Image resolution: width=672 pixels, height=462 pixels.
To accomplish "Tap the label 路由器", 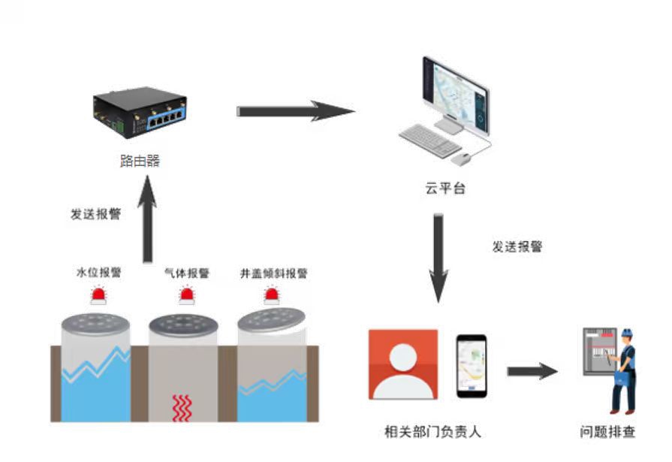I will [140, 160].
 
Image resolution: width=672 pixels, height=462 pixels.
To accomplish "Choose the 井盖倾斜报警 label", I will [274, 273].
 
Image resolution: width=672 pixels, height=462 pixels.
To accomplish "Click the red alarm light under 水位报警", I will [98, 296].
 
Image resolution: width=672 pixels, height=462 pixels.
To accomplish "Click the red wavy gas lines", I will [183, 406].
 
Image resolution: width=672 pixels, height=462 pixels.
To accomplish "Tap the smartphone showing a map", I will [472, 366].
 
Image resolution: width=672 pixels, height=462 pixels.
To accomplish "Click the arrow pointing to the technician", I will [532, 371].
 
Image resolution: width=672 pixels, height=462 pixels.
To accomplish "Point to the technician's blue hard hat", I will [626, 333].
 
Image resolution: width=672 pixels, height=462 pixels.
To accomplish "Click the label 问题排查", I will [607, 432].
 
